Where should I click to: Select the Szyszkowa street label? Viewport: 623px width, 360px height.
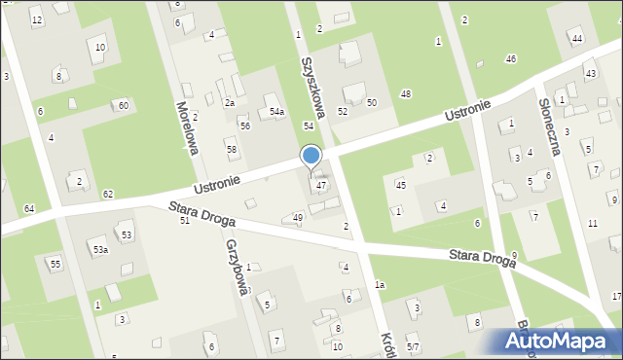[x=313, y=79]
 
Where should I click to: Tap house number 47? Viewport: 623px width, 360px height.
[x=320, y=185]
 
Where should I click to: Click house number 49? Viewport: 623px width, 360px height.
[x=298, y=217]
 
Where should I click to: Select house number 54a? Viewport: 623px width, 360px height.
[x=276, y=112]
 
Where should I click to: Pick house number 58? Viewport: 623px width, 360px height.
[x=232, y=148]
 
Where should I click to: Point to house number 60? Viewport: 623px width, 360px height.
[x=123, y=105]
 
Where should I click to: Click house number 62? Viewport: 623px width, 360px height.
[x=108, y=195]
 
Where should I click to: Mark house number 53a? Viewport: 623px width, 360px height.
[x=100, y=250]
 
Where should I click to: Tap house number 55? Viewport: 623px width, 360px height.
[x=55, y=264]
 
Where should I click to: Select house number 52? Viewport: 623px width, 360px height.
[x=343, y=111]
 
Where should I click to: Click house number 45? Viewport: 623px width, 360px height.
[x=400, y=185]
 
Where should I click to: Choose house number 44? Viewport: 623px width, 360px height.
[x=577, y=38]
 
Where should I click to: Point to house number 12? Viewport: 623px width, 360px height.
[x=37, y=20]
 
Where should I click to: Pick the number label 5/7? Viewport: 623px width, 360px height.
[x=413, y=347]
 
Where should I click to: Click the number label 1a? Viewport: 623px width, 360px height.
[x=380, y=284]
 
